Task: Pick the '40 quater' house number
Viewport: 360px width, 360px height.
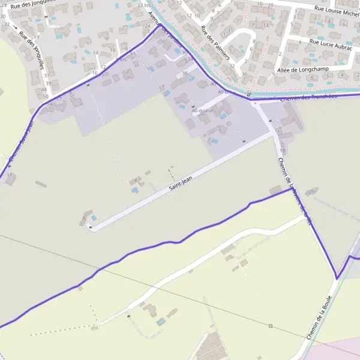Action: click(x=203, y=110)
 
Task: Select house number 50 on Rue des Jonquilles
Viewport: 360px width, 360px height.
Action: click(x=46, y=96)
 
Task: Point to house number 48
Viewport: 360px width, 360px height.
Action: click(x=44, y=89)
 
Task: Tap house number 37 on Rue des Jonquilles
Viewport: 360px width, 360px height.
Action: click(x=47, y=76)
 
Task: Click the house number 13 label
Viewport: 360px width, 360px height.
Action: click(x=95, y=53)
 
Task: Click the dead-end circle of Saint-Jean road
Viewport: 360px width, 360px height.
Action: click(x=90, y=226)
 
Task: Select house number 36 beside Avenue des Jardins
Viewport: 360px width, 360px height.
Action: click(x=185, y=73)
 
